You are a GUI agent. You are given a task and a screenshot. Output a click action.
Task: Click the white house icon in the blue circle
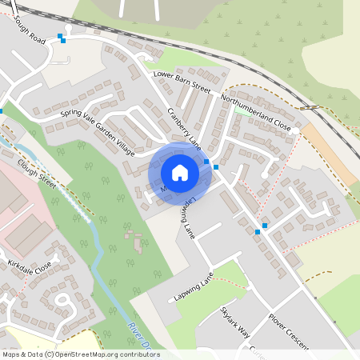tap(180, 172)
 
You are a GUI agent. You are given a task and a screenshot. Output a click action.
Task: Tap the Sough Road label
tap(28, 30)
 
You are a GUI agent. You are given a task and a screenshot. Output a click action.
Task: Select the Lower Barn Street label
tap(181, 83)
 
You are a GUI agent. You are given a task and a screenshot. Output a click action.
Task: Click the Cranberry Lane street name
tap(183, 128)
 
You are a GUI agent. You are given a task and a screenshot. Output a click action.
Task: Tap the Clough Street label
tap(38, 171)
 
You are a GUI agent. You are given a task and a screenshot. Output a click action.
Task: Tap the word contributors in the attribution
tap(135, 354)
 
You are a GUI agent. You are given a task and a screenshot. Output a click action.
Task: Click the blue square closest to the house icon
tap(206, 162)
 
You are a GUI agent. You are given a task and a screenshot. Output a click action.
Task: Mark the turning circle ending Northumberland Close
tap(295, 130)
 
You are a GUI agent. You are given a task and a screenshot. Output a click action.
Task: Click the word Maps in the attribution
tap(14, 354)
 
